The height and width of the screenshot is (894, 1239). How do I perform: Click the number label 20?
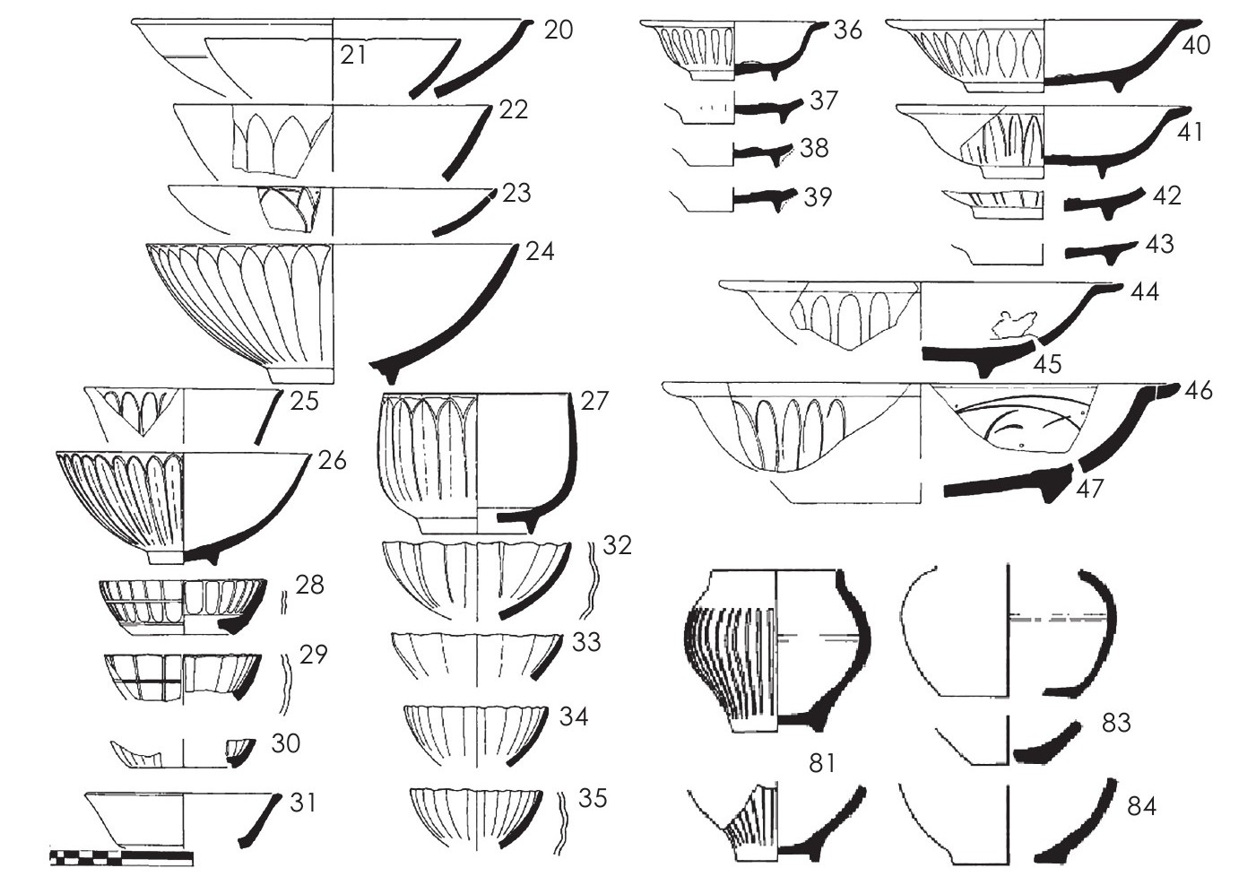tap(559, 30)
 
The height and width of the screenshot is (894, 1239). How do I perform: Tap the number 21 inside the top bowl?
tap(353, 56)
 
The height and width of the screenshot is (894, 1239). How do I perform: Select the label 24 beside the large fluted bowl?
tap(540, 252)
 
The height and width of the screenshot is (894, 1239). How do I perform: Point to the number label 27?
tap(594, 401)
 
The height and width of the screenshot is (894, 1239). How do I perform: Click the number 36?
tap(848, 30)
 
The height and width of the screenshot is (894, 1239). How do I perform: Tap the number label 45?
tap(1047, 364)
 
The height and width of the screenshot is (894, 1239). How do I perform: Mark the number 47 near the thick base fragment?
tap(1089, 489)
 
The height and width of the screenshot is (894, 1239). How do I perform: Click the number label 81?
tap(821, 763)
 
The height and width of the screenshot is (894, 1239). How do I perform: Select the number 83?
tap(1116, 723)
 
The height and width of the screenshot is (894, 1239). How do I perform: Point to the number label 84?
tap(1141, 807)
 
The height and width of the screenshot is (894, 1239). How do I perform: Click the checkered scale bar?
tap(122, 859)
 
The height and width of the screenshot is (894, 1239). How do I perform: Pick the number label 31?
tap(303, 803)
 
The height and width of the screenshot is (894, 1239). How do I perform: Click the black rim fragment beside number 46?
tap(1167, 391)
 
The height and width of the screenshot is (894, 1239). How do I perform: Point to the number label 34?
tap(574, 717)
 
